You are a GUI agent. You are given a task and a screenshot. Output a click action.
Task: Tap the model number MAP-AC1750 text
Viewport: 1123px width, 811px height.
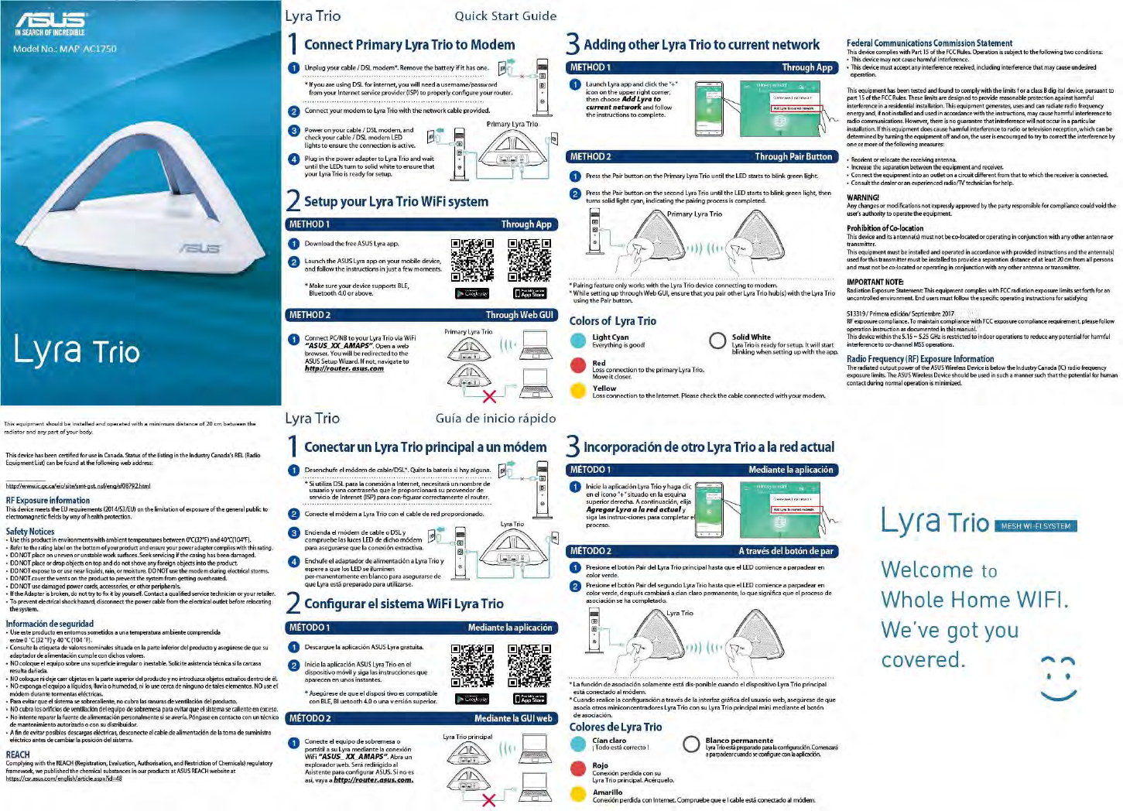point(65,49)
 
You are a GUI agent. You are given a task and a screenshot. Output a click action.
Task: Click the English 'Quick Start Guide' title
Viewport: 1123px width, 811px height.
point(505,15)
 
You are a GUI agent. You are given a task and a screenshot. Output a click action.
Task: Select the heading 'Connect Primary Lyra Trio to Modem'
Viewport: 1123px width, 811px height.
point(409,45)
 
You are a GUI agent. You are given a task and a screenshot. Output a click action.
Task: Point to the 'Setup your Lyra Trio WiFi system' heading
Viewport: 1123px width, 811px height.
point(395,202)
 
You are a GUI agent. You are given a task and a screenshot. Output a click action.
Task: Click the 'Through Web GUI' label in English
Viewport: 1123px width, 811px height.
point(519,315)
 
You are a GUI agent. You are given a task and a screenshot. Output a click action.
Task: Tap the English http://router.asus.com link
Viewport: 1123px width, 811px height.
point(344,369)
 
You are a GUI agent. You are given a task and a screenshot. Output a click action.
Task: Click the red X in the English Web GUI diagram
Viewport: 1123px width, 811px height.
point(489,397)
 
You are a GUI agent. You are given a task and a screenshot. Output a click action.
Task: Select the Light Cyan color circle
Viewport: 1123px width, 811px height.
point(578,340)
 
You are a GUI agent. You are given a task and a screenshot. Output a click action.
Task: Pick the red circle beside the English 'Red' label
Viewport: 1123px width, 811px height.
point(578,365)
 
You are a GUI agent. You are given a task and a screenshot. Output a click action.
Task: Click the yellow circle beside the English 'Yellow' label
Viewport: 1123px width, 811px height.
point(578,390)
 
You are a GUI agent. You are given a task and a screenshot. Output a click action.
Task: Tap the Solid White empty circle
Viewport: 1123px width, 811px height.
point(717,340)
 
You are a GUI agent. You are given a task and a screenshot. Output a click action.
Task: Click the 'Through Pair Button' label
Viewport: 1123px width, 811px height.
point(793,156)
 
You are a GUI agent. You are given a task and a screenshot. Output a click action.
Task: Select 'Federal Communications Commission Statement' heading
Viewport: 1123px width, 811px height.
point(929,43)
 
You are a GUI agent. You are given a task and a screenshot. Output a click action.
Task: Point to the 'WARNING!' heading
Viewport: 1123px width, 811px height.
point(863,197)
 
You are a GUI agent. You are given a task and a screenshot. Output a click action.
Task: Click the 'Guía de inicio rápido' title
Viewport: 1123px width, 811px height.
point(495,418)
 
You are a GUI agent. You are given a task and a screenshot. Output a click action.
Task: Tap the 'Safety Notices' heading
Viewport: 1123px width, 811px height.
point(30,532)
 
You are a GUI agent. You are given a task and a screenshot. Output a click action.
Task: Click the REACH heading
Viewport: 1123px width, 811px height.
point(18,755)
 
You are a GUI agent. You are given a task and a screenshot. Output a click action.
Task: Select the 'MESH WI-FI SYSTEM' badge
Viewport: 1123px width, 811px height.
point(1036,526)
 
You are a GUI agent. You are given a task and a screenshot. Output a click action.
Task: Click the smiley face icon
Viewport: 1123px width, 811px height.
point(1058,679)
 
